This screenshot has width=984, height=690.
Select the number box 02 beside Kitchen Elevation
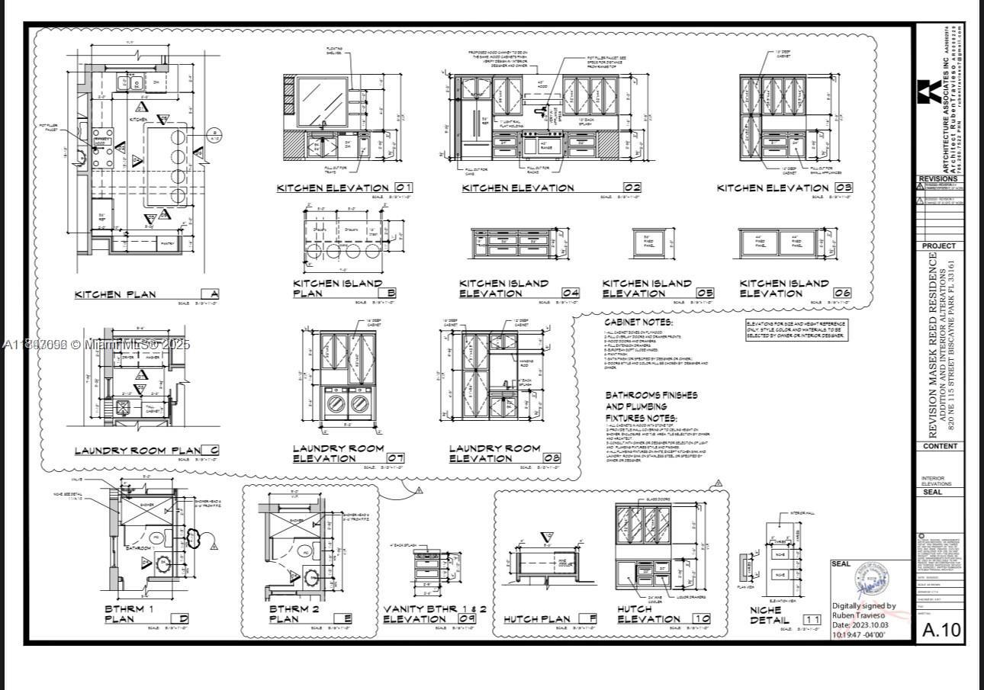[x=632, y=188]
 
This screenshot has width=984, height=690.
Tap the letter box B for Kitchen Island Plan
[x=391, y=293]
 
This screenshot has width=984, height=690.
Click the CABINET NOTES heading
[x=638, y=323]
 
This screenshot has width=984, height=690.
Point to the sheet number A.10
[x=942, y=630]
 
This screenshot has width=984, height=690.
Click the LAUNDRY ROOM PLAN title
[x=137, y=451]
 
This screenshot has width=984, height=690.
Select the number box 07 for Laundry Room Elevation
[x=395, y=458]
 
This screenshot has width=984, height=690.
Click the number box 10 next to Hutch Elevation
[x=702, y=619]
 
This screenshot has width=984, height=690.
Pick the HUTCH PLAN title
[x=539, y=619]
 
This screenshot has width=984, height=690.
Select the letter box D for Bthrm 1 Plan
[x=179, y=619]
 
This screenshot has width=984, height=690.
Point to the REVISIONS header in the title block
[x=939, y=179]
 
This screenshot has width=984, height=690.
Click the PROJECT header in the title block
[x=939, y=246]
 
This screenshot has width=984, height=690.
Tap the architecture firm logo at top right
[x=929, y=91]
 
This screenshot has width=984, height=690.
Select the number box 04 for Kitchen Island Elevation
[x=571, y=293]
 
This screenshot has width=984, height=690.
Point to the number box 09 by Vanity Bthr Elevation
[x=468, y=619]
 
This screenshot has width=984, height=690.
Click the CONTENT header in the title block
[x=939, y=446]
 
